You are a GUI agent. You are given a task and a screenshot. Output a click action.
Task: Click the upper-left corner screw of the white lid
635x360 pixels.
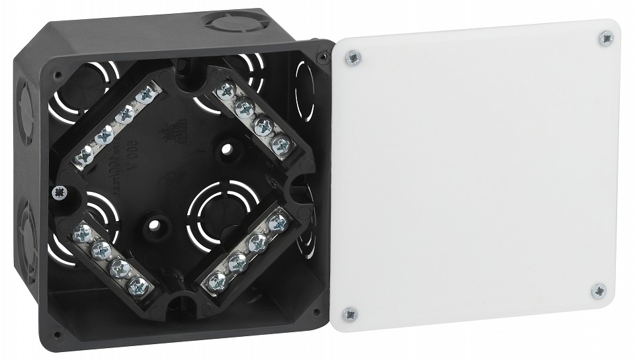click(354, 58)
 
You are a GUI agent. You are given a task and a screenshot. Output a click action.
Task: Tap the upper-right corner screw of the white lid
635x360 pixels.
click(605, 39)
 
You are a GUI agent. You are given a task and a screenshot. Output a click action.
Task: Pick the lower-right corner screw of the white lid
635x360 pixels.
click(599, 290)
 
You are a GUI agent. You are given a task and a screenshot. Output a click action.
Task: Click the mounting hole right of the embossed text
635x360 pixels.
click(228, 150)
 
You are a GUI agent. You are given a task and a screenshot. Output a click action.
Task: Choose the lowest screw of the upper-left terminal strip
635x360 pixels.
click(85, 156)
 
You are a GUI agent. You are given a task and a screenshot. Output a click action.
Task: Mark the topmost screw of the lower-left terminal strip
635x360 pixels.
click(84, 232)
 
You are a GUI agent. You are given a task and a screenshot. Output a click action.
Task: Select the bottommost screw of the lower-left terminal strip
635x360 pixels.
click(138, 285)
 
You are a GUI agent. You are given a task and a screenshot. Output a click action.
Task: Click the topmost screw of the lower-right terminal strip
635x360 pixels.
click(278, 221)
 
